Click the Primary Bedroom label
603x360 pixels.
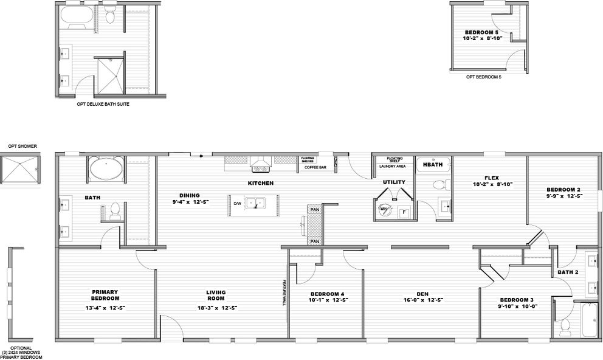click(x=105, y=295)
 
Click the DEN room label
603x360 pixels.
click(x=418, y=292)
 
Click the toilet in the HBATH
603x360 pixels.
click(x=438, y=185)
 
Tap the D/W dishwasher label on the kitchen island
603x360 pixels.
click(x=237, y=204)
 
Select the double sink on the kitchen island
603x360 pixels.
click(x=258, y=202)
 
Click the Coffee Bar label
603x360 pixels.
click(x=316, y=167)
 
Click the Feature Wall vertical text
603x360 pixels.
click(x=283, y=292)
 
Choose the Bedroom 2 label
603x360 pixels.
click(x=563, y=189)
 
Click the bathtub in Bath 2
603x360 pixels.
click(x=588, y=319)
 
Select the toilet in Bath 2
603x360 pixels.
click(x=565, y=326)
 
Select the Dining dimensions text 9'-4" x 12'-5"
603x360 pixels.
click(x=191, y=201)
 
